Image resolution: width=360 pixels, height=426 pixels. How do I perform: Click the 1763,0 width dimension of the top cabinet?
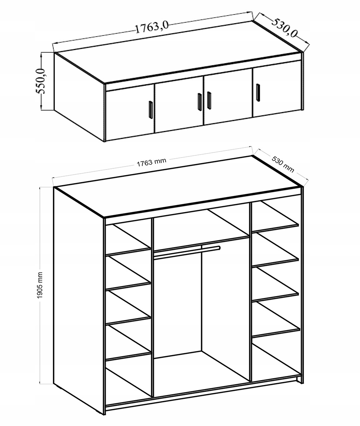coord(152,27)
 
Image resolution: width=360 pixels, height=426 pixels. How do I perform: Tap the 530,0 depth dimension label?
coord(284,27)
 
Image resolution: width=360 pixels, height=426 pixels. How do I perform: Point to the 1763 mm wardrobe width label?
coord(151,162)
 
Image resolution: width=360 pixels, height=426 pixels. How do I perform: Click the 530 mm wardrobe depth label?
coord(283,164)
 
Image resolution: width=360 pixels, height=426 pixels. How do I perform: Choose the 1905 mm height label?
coord(40,285)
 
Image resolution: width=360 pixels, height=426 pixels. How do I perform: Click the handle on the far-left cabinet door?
coord(151,110)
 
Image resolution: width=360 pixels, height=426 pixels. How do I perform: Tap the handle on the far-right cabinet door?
coord(258,93)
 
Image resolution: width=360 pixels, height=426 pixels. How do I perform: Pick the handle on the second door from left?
coord(200,102)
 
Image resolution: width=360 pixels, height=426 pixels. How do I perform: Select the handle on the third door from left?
coord(209,100)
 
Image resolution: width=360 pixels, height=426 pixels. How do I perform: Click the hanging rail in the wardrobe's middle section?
coord(187,252)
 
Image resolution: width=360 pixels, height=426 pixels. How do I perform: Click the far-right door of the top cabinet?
coord(277,88)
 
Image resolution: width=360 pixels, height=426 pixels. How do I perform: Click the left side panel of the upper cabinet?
coord(79,97)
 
